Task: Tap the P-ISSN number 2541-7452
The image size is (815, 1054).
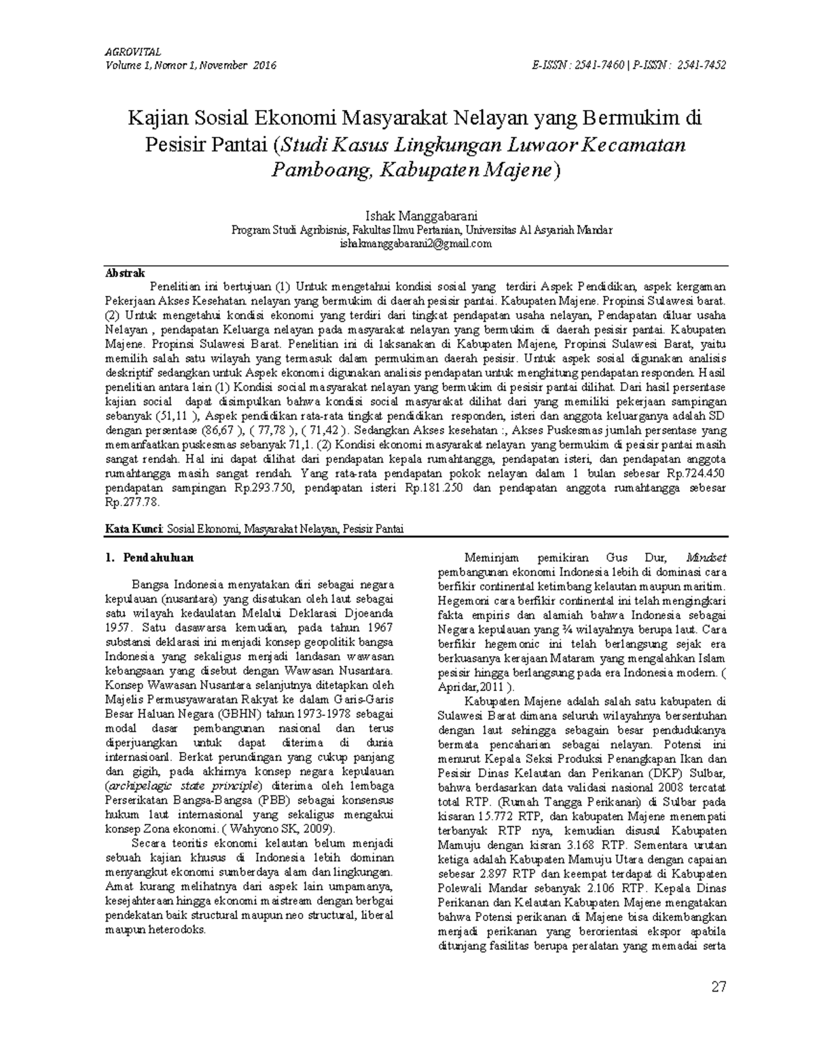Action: click(x=700, y=65)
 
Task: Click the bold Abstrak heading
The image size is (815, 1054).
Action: click(x=125, y=273)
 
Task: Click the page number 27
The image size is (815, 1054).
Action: click(x=719, y=986)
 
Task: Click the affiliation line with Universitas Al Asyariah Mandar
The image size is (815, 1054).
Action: click(x=422, y=230)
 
